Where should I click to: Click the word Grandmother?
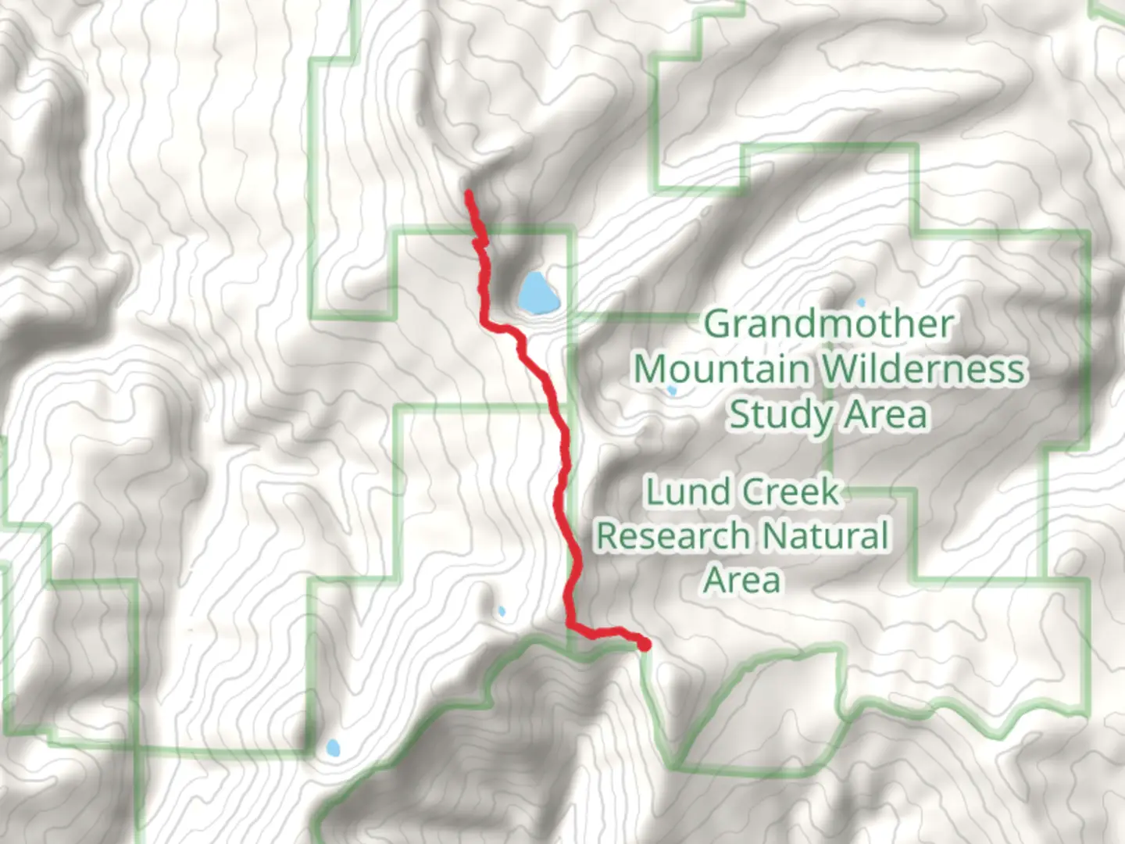coord(828,324)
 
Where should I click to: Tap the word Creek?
coord(791,492)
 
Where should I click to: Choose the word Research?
coord(673,536)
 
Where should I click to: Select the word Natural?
coord(825,536)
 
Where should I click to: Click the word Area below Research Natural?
coord(741,580)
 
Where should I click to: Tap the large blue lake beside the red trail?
coord(537,293)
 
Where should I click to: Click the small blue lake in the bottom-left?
coord(333,748)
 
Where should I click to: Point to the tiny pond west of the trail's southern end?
coord(502,611)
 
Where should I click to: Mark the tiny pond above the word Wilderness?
coord(862,302)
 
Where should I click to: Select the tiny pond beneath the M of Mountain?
coord(671,390)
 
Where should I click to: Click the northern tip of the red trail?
coord(468,192)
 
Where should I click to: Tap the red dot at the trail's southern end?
coord(645,645)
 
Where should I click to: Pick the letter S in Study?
coord(740,415)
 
